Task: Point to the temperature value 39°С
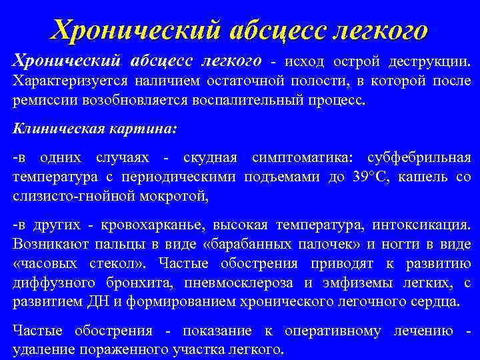pyautogui.click(x=374, y=177)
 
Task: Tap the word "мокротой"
pyautogui.click(x=176, y=197)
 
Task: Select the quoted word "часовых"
pyautogui.click(x=43, y=263)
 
